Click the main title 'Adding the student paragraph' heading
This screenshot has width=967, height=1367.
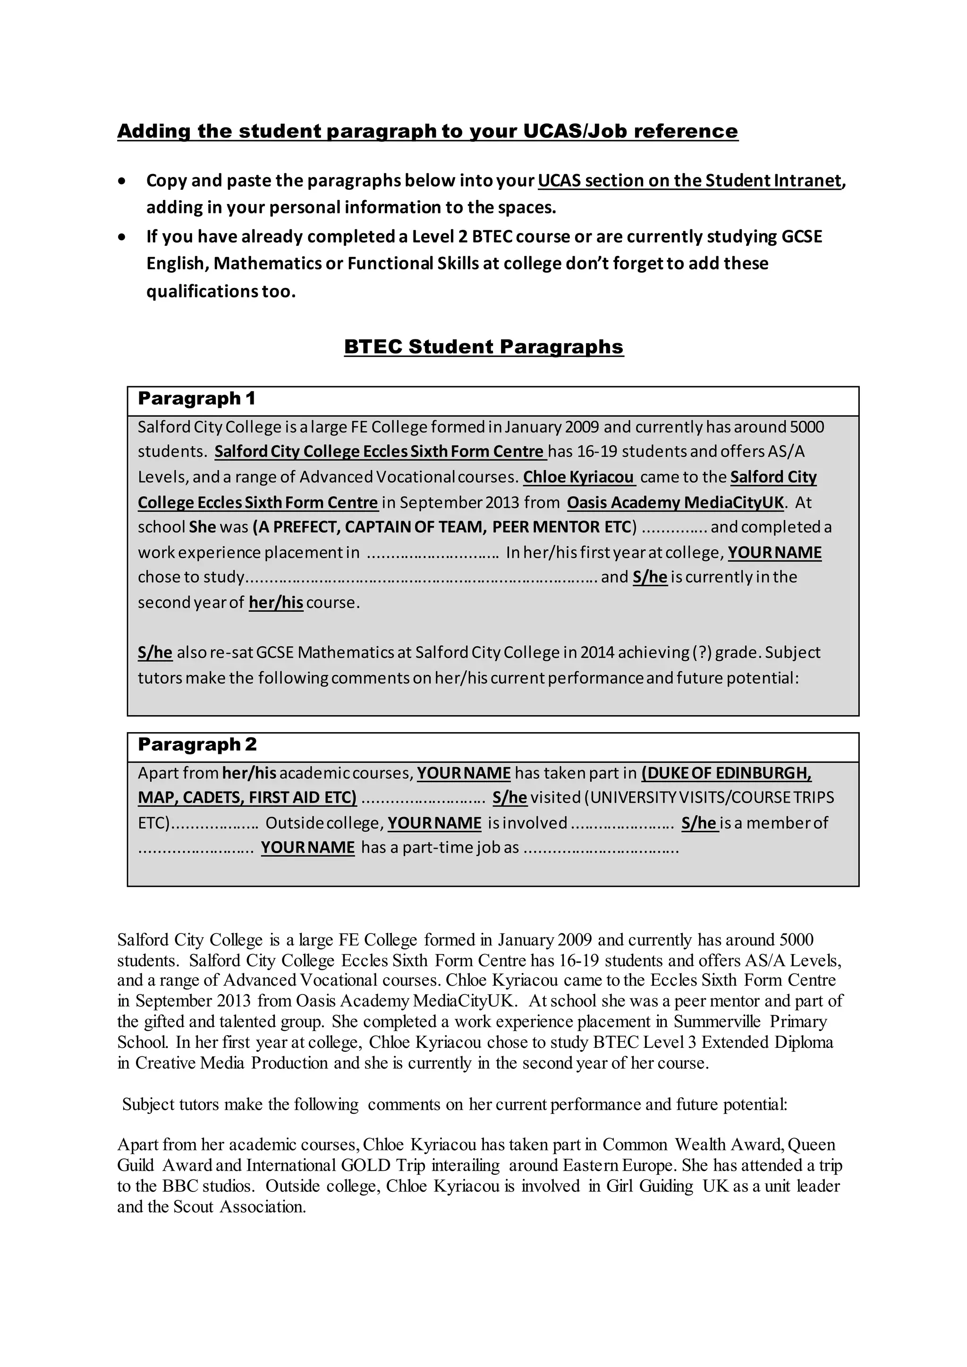point(427,131)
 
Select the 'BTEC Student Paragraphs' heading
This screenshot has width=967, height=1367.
point(483,346)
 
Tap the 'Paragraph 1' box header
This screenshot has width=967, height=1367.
point(196,398)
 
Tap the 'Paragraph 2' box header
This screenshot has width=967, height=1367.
point(197,744)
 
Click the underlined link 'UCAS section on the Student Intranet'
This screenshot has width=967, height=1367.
point(689,180)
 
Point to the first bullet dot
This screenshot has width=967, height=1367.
point(122,181)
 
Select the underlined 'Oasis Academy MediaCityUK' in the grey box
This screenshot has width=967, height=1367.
point(675,503)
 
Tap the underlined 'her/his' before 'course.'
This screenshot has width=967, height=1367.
point(276,602)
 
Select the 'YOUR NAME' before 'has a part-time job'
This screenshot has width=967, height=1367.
point(307,847)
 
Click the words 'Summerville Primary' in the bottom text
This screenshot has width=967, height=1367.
point(750,1021)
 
